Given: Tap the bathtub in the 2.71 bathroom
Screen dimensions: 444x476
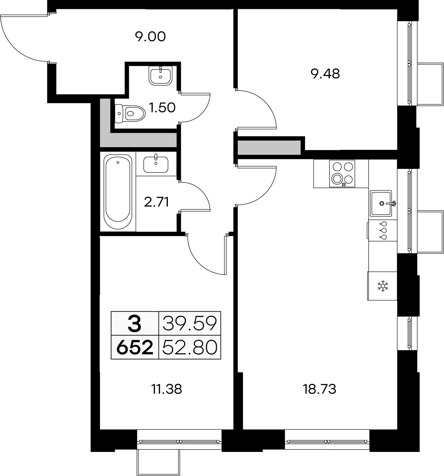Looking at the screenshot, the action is pyautogui.click(x=118, y=192).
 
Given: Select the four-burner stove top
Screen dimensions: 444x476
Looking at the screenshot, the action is pyautogui.click(x=342, y=173).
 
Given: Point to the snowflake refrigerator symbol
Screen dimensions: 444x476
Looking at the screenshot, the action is pyautogui.click(x=383, y=286).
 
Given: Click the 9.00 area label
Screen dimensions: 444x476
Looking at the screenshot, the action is pyautogui.click(x=150, y=37).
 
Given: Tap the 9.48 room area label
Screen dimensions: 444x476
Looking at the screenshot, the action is pyautogui.click(x=325, y=74).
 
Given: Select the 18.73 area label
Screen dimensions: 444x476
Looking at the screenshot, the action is pyautogui.click(x=319, y=389).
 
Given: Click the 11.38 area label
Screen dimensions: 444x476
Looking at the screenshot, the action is pyautogui.click(x=167, y=389).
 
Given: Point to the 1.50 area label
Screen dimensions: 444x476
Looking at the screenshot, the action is pyautogui.click(x=162, y=107).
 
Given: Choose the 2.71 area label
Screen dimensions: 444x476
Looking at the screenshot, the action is pyautogui.click(x=157, y=202).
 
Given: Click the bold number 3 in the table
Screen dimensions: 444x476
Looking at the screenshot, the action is pyautogui.click(x=135, y=324).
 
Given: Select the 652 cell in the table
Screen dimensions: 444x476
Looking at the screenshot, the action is pyautogui.click(x=135, y=347).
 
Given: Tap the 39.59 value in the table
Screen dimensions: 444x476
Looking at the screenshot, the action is pyautogui.click(x=190, y=324).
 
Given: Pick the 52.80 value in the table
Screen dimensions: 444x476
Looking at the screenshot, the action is pyautogui.click(x=190, y=347).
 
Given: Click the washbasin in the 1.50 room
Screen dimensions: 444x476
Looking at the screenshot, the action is pyautogui.click(x=160, y=76).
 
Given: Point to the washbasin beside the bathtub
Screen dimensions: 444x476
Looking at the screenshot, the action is pyautogui.click(x=156, y=164).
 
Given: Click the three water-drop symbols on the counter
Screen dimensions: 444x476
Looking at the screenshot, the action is pyautogui.click(x=383, y=230).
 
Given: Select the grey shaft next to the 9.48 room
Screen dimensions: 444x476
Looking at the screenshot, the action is pyautogui.click(x=269, y=148).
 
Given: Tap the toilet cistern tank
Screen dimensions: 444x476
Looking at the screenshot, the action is pyautogui.click(x=119, y=113).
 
